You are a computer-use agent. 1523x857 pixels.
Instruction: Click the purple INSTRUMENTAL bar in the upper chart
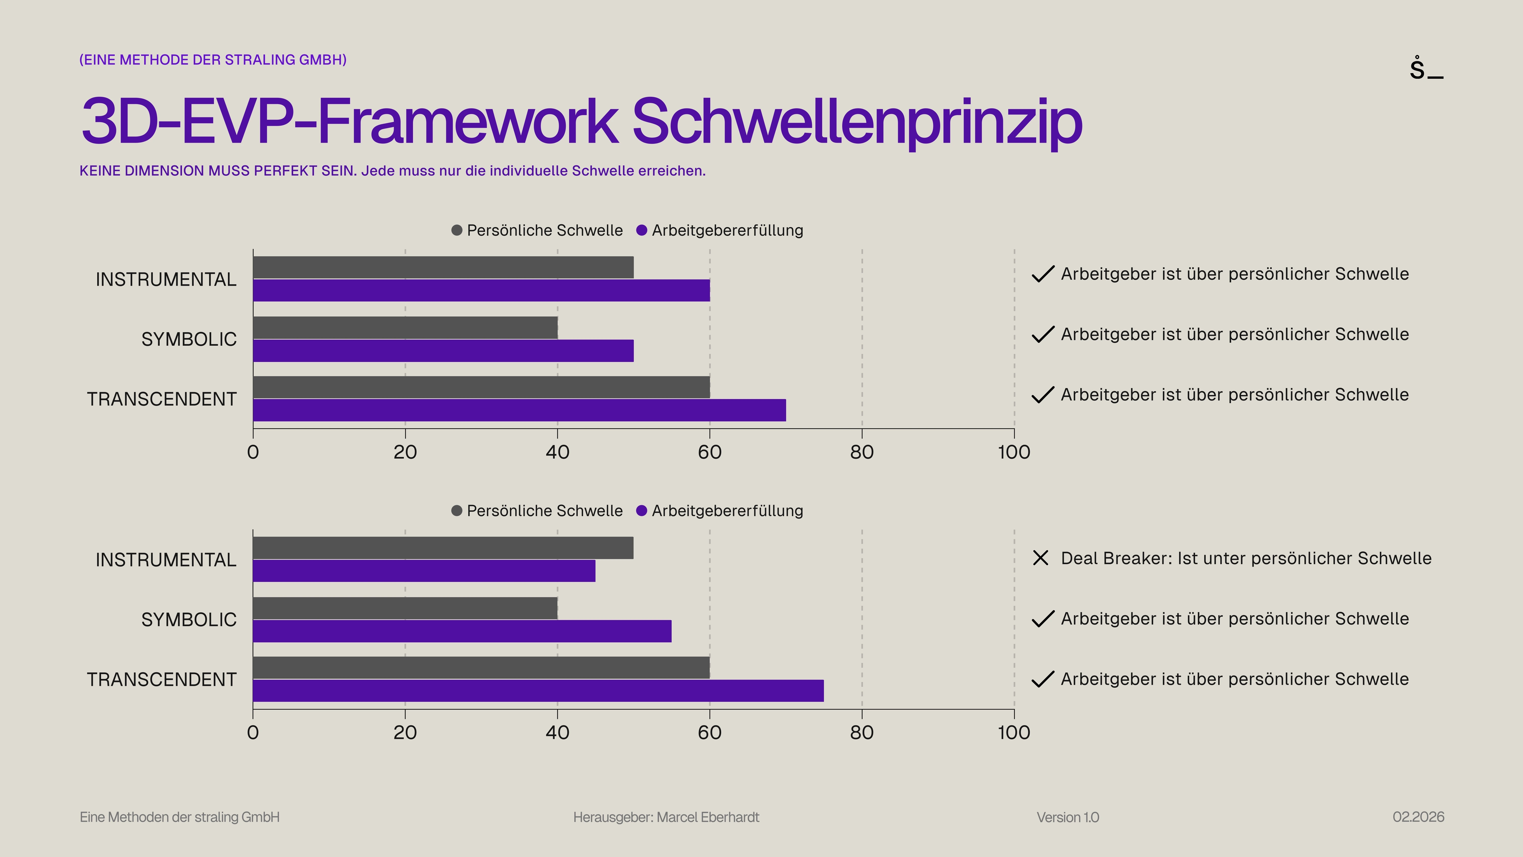[481, 290]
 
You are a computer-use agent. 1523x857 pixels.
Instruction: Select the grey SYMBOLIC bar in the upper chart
[405, 328]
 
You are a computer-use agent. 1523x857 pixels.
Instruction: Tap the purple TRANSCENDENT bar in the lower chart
[538, 691]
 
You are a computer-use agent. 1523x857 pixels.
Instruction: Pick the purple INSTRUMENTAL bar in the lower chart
[424, 571]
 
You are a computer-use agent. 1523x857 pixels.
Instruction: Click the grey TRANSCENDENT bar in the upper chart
[481, 387]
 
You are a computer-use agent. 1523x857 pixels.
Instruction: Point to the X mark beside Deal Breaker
[1040, 558]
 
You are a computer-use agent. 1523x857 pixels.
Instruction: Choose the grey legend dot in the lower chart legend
[456, 510]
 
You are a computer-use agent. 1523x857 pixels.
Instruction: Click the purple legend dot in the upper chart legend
[641, 230]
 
